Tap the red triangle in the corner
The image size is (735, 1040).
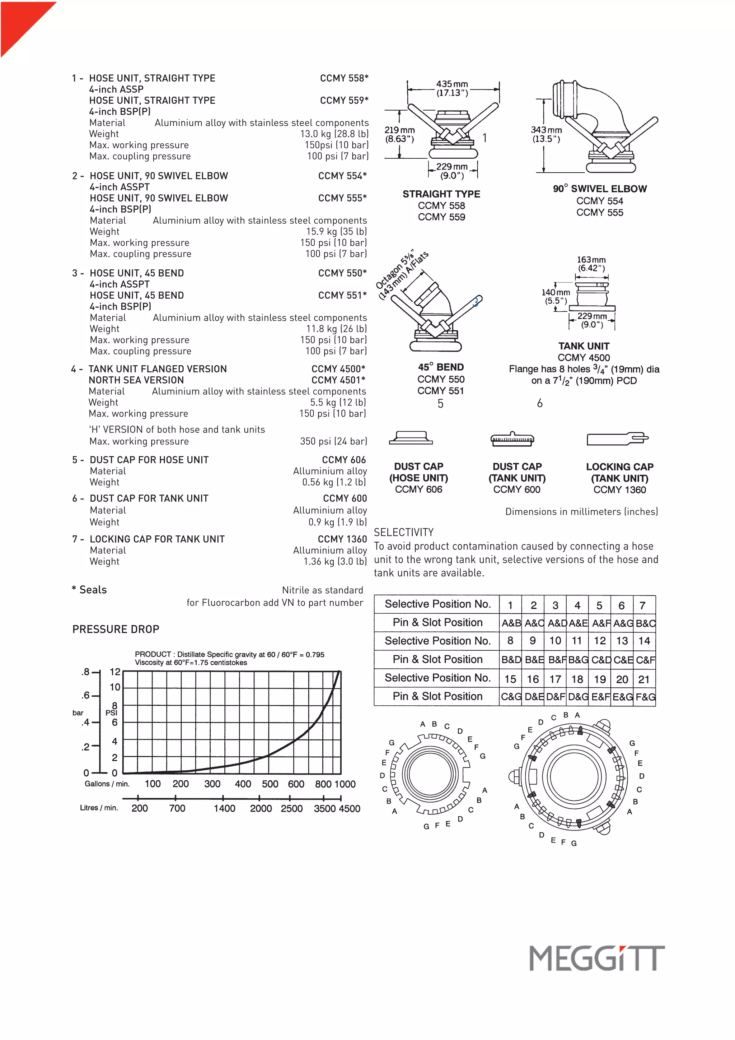coord(20,20)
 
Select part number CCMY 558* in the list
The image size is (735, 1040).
coord(344,78)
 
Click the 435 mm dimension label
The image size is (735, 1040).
coord(452,88)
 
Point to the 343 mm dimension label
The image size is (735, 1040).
coord(546,134)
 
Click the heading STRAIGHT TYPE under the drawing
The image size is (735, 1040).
coord(441,194)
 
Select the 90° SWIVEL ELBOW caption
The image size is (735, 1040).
coord(600,189)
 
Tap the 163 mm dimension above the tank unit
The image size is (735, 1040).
coord(591,264)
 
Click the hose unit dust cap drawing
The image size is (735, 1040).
coord(411,437)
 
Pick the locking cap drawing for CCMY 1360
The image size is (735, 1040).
coord(617,438)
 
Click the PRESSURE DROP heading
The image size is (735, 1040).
coord(116,629)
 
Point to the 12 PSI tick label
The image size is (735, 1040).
coord(115,672)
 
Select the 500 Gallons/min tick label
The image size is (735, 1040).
coord(270,784)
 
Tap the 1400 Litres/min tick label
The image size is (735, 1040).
coord(224,808)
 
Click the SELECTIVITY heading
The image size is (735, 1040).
coord(404,532)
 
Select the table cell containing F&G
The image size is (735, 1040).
coord(645,697)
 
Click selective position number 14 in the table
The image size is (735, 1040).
coord(644,641)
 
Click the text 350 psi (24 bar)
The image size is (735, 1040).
coord(333,441)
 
